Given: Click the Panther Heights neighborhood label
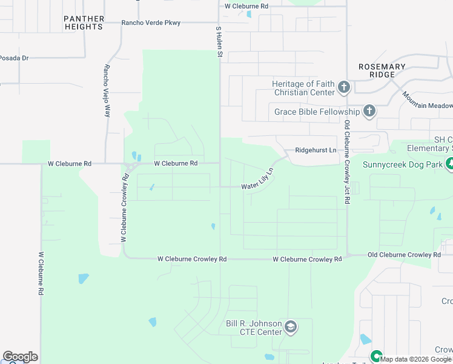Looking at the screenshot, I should (x=84, y=23).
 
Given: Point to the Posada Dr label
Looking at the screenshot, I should (x=14, y=58).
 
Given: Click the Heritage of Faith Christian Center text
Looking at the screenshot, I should (x=303, y=88).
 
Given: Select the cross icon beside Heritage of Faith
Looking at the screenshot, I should (x=343, y=87).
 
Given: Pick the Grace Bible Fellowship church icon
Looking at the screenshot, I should (x=369, y=111).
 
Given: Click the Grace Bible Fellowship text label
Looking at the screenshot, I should (x=317, y=112).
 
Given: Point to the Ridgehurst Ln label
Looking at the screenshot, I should (x=316, y=150).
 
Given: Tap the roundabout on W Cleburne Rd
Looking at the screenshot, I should (x=130, y=167).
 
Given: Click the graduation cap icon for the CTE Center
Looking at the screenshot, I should (x=291, y=328).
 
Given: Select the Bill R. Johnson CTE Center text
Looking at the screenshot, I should (x=254, y=328).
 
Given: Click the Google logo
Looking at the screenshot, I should (x=20, y=357).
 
